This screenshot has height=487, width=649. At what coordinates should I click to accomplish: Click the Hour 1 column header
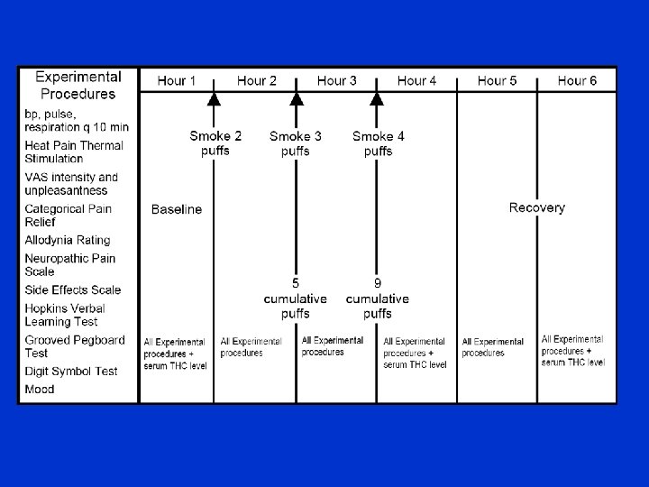177,81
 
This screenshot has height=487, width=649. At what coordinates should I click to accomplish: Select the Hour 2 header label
257,81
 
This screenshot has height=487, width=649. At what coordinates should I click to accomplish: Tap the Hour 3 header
337,81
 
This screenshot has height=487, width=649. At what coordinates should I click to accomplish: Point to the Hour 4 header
417,81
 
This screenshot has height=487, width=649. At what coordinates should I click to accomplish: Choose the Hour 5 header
498,81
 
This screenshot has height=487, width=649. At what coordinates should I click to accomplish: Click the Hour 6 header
577,81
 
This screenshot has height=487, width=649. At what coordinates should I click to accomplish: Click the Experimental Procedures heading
78,85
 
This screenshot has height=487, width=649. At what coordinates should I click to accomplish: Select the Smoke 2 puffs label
215,143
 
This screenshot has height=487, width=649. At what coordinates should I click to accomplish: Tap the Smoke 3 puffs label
296,143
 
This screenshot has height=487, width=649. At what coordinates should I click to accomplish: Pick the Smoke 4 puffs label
379,143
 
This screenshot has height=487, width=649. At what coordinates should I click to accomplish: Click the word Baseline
177,209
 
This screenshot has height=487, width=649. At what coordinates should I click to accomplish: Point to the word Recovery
537,207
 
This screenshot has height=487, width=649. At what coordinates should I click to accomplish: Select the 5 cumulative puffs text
295,299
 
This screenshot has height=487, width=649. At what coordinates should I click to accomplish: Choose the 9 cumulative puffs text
378,299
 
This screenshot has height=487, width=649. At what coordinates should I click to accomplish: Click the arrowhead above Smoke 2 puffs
214,98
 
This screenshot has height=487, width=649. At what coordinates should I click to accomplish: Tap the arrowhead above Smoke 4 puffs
378,98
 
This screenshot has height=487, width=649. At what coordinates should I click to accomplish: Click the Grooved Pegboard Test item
74,347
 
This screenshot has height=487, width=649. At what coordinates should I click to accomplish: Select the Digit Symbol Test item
71,371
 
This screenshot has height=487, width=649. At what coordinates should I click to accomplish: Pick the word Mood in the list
40,390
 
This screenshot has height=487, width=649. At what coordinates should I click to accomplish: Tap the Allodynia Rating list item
68,241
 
